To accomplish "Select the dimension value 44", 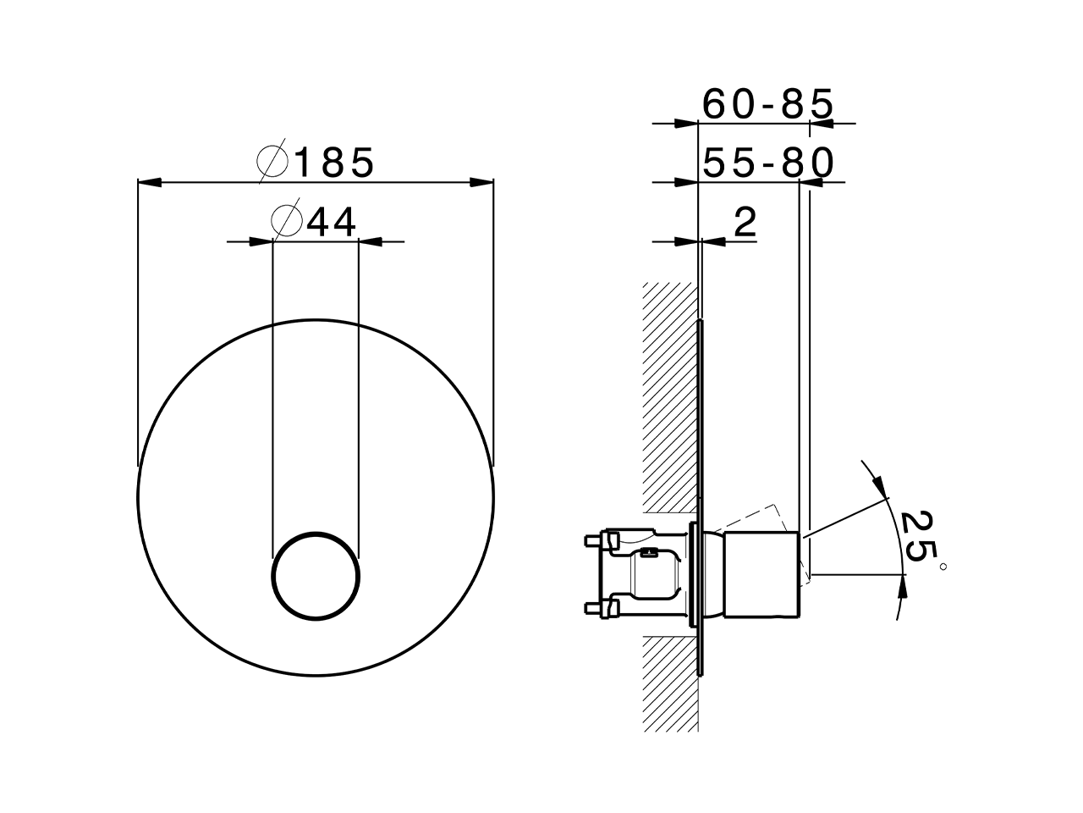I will (x=332, y=222).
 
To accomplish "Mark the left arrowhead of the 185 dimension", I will (x=149, y=182).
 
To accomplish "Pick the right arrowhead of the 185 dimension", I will (x=482, y=182).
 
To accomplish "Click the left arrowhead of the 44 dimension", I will (x=261, y=242).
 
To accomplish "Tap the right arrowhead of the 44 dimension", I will (x=371, y=242).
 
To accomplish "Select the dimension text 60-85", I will (x=768, y=104).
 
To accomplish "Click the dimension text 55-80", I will (x=768, y=163).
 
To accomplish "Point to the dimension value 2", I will (x=745, y=223).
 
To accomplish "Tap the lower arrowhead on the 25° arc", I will (x=902, y=585).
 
